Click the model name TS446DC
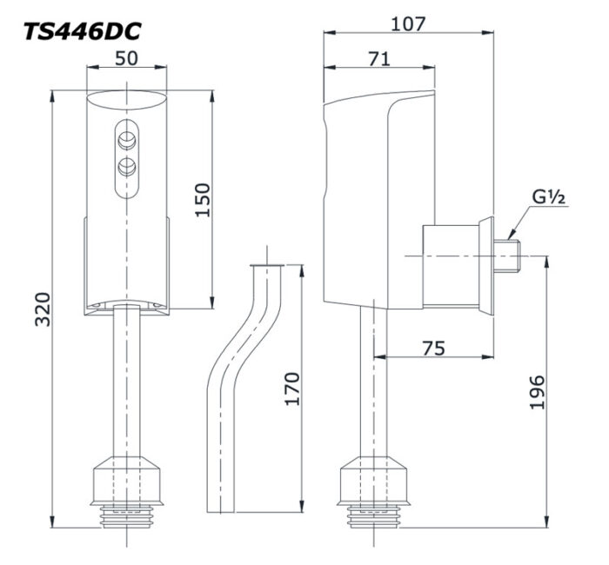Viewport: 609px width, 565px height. [83, 30]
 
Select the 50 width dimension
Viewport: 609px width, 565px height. [127, 58]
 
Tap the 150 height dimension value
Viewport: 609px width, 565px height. [202, 201]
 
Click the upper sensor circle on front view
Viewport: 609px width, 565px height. [127, 136]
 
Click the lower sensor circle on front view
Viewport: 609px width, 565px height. [127, 164]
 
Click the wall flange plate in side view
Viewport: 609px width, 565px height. [484, 264]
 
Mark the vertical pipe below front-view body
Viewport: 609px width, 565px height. [127, 382]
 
